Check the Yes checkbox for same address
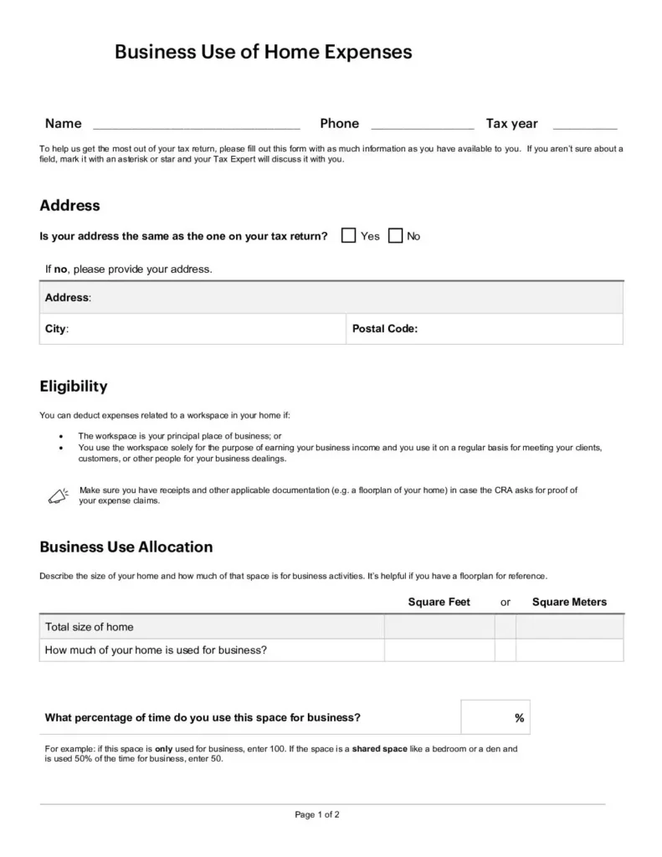349,236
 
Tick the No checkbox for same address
396,236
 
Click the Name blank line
196,126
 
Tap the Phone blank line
422,126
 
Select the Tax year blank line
585,126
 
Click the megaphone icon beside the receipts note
57,495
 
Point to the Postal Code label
384,329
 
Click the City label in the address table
56,329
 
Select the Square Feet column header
439,602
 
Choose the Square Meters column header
569,602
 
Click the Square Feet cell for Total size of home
439,627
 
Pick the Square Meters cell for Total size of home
569,627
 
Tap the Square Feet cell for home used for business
439,649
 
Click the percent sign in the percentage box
519,718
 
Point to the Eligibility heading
74,387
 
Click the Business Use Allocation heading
126,547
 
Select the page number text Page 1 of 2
317,814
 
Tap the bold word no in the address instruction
60,269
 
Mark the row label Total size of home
90,627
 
